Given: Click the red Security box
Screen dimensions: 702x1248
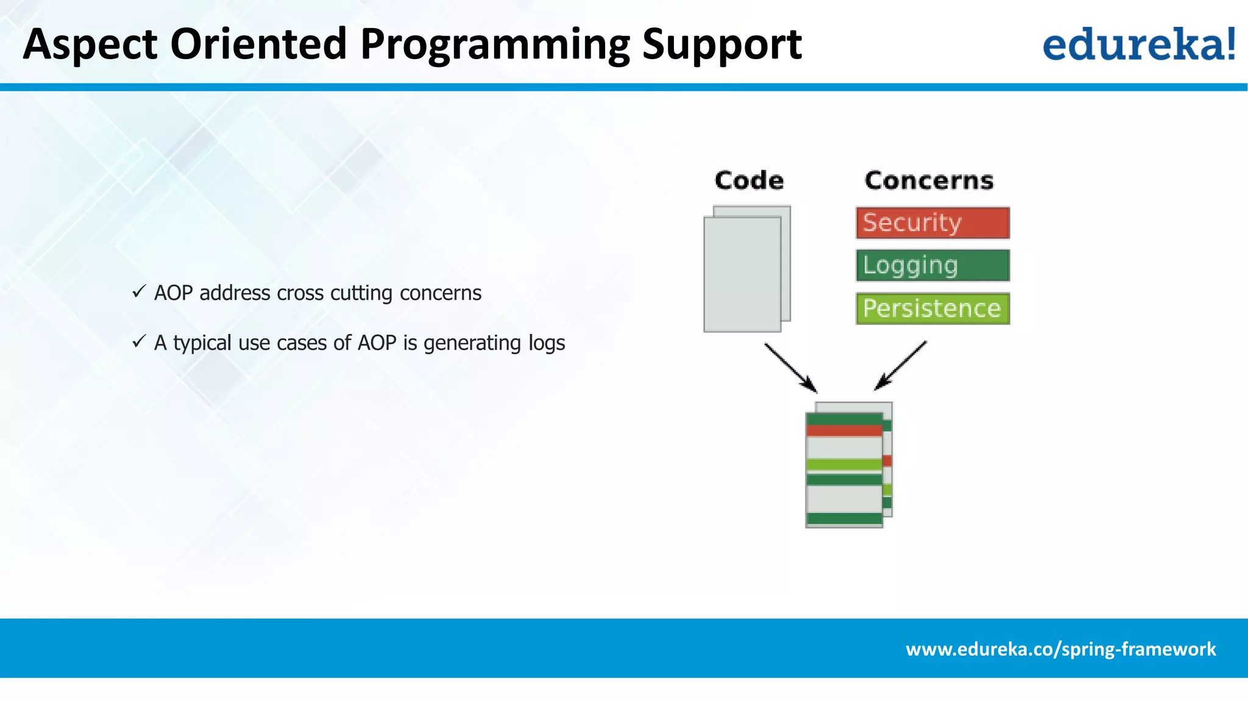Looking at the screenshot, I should [932, 223].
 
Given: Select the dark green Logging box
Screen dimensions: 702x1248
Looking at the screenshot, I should [932, 266].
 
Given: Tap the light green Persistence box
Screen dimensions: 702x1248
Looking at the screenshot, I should [932, 308].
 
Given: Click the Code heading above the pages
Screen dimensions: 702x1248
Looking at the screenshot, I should [749, 180].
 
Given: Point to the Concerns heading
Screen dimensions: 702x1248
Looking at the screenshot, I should [929, 180].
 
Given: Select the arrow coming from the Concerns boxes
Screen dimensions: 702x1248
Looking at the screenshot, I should [901, 366].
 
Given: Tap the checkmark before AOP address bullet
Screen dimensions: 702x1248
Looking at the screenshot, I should [139, 292].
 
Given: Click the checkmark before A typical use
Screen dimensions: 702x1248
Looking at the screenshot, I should [139, 342].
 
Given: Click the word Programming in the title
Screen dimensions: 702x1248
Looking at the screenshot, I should [495, 45].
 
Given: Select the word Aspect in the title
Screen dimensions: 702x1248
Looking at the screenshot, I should [90, 45].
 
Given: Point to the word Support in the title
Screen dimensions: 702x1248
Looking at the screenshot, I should [721, 45].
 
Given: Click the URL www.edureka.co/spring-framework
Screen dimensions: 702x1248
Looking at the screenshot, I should [1060, 649].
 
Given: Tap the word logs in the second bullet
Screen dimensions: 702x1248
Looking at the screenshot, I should [547, 343].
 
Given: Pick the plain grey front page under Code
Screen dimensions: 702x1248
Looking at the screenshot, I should [742, 274].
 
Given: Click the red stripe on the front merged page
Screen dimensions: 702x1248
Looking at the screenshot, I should [844, 431].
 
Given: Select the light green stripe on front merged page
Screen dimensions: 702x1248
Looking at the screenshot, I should [844, 465].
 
